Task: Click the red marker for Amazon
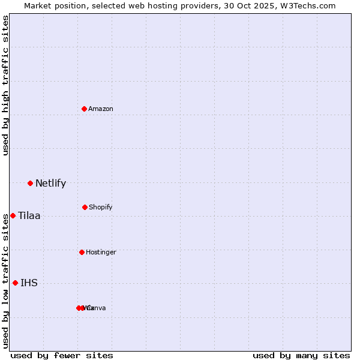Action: click(x=85, y=109)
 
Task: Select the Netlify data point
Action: click(x=30, y=183)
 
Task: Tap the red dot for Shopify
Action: click(x=85, y=207)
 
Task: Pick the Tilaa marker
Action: click(x=13, y=215)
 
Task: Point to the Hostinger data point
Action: click(x=82, y=252)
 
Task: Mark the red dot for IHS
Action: click(x=15, y=283)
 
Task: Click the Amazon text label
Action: click(x=100, y=109)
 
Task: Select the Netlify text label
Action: click(x=50, y=183)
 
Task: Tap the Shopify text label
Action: click(x=100, y=207)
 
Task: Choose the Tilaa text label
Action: click(x=29, y=215)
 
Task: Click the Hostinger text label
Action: click(x=101, y=252)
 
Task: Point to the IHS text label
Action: click(x=29, y=283)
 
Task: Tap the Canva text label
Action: click(x=97, y=308)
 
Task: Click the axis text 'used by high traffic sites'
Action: click(x=5, y=85)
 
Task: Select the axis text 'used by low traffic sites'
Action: click(x=5, y=280)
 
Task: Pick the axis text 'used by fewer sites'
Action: click(x=62, y=355)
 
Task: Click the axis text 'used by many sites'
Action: click(x=301, y=355)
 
